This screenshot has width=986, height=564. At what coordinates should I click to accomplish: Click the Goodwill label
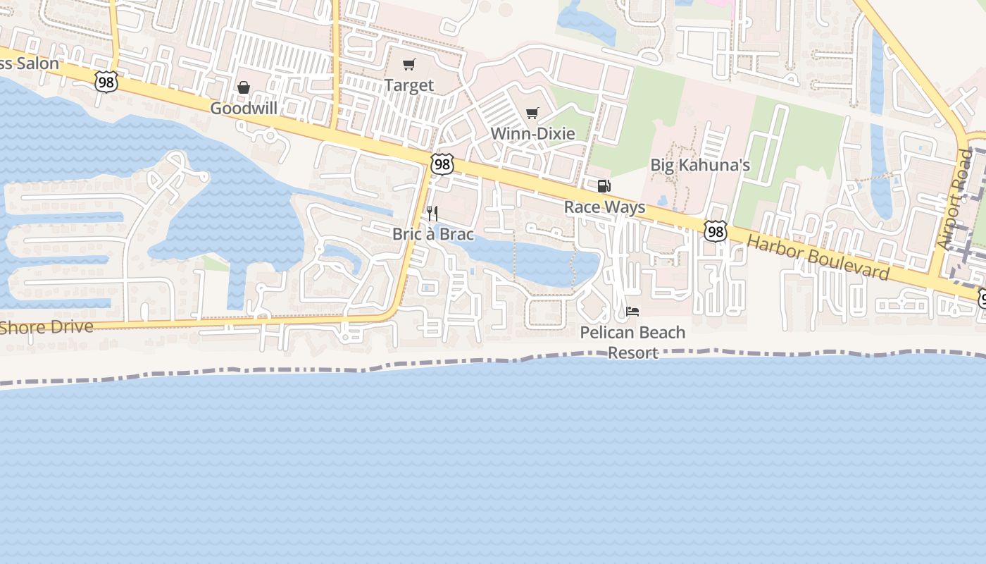coord(244,109)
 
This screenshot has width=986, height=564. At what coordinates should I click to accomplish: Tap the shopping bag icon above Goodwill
coord(244,87)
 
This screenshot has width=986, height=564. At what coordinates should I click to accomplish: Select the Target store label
coord(409,86)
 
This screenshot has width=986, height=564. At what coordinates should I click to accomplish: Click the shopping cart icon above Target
coord(409,65)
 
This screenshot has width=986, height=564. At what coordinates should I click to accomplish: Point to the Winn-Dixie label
coord(532,133)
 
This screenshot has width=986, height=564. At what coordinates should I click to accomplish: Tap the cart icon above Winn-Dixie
coord(532,113)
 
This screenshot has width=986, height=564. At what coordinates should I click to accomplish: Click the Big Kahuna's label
coord(700,166)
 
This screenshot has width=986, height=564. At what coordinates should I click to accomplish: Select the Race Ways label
coord(604,207)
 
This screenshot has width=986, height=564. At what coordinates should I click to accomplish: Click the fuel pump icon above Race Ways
coord(604,186)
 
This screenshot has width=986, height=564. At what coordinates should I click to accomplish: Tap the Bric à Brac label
coord(433,234)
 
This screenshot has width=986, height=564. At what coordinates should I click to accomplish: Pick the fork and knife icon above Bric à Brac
coord(432,213)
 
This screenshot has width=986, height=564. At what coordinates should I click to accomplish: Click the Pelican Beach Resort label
coord(632,342)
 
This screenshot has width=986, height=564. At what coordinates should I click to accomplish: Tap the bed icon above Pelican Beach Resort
coord(632,311)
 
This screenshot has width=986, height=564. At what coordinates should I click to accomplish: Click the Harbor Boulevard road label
coord(818,257)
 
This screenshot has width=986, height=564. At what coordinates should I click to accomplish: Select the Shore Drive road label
coord(46,327)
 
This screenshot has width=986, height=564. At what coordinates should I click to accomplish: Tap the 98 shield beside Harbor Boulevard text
coord(715,231)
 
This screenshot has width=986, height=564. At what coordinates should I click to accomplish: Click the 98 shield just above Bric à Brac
coord(442,164)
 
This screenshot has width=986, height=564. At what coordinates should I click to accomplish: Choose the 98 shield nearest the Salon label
coord(106,82)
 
